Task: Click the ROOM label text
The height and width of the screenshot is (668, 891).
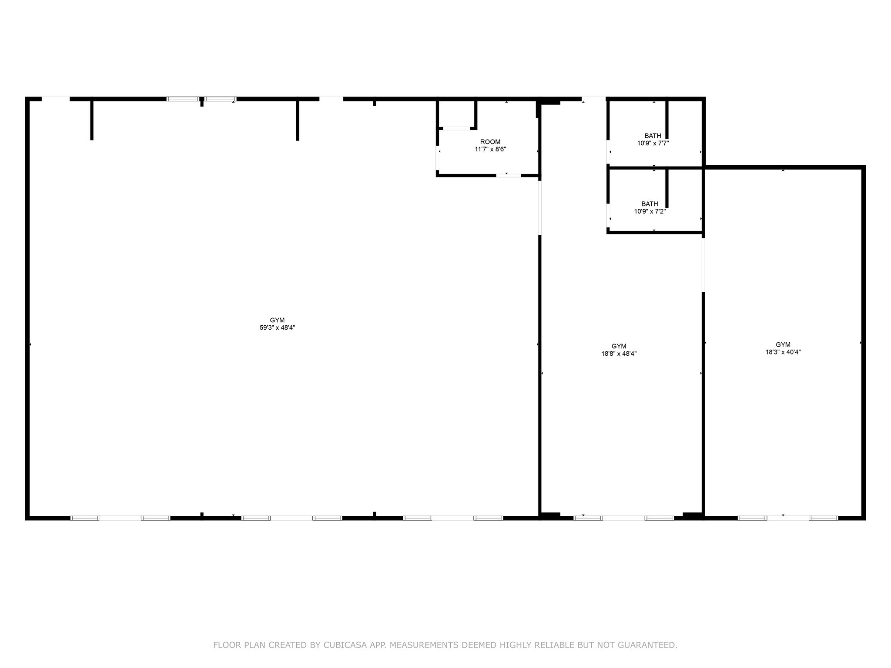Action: pos(490,142)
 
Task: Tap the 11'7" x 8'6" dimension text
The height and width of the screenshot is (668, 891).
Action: pos(490,149)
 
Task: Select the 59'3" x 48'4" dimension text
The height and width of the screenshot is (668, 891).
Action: pos(278,328)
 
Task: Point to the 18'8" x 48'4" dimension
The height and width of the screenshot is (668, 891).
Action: pos(619,354)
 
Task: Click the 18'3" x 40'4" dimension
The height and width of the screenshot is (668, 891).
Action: pos(783,352)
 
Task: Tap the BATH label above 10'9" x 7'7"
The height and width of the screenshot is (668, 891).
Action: pos(653,136)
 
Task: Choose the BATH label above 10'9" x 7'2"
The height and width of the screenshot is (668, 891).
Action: pos(650,204)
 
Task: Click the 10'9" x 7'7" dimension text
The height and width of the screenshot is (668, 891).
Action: pos(653,143)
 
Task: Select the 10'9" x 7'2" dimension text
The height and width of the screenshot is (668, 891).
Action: pos(650,211)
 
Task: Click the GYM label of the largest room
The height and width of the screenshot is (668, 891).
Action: pos(278,321)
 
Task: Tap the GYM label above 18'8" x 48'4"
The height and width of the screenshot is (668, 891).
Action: pos(619,347)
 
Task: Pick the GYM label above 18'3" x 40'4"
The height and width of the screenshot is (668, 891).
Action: pos(783,345)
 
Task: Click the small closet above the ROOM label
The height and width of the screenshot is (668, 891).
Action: pos(456,114)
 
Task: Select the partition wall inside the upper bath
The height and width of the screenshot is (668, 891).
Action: pos(667,120)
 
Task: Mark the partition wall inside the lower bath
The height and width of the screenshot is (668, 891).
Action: pos(667,188)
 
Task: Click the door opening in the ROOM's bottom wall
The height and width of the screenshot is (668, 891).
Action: pos(508,175)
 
